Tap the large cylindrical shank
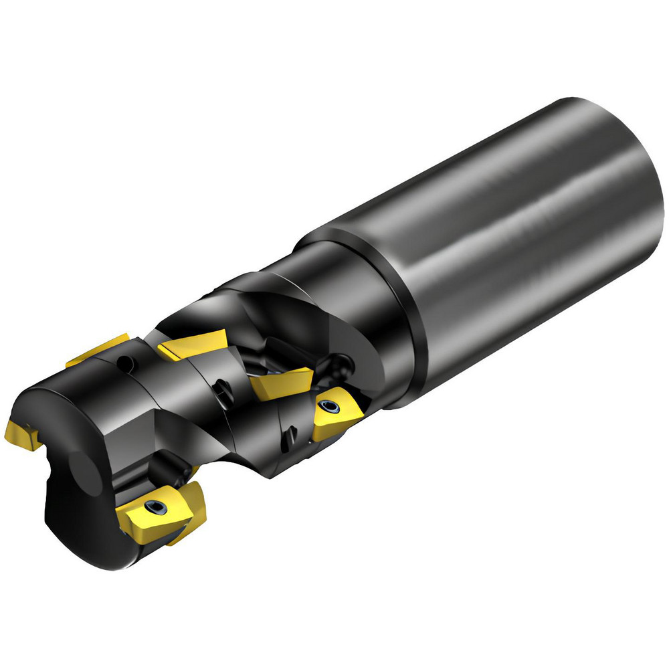522,221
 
